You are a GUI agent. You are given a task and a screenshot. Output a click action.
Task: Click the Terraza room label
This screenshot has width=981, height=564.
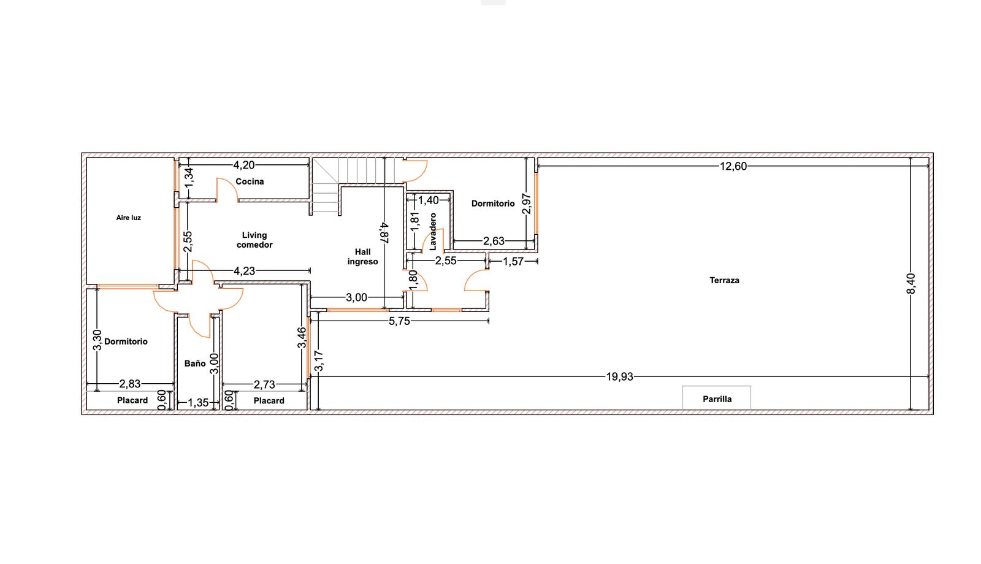[724, 280]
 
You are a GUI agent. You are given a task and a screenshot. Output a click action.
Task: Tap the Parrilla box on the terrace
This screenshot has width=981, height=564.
[717, 398]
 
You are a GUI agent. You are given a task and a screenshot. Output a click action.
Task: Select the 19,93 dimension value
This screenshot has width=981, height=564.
[619, 376]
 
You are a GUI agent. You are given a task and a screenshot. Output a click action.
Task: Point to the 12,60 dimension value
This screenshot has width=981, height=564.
[733, 166]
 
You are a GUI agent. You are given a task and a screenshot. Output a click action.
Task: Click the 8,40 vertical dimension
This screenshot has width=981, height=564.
[911, 283]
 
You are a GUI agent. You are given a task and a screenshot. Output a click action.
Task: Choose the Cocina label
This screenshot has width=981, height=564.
[250, 181]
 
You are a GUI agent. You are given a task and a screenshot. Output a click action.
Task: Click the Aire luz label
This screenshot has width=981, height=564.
[128, 218]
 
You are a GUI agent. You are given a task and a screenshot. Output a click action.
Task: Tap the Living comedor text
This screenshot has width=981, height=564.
[254, 240]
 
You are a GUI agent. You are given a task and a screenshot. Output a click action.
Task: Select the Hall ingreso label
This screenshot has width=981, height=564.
[362, 257]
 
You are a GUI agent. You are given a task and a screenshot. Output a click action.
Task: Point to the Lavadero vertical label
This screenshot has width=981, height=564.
[433, 231]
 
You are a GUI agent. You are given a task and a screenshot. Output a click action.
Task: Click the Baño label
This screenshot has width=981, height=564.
[195, 364]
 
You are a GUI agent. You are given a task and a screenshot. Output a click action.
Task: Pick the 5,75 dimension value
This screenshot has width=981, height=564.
[399, 321]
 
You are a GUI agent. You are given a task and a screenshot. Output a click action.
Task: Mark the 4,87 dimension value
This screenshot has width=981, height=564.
[384, 232]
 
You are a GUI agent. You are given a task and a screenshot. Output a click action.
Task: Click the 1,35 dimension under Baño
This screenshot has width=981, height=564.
[198, 402]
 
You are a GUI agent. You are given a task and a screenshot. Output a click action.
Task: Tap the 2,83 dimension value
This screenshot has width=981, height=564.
[129, 384]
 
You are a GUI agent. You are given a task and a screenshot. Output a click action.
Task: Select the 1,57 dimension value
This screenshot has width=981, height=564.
[513, 261]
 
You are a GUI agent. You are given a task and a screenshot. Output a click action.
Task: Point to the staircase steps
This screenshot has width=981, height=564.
[356, 171]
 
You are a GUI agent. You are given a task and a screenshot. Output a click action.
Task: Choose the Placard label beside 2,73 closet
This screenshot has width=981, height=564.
[269, 401]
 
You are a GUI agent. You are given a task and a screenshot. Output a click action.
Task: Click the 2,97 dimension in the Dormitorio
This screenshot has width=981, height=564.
[527, 204]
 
